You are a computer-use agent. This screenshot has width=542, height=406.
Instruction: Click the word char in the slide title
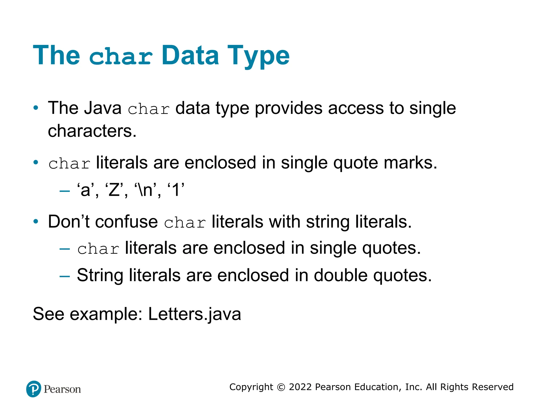tap(121, 57)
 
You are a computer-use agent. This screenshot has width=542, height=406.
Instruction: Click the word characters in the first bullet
tap(92, 131)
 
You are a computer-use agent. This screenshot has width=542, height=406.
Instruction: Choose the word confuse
tap(127, 222)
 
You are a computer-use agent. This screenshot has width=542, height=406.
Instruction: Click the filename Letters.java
tap(195, 314)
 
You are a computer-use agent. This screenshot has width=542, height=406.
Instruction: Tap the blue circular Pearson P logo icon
tap(34, 389)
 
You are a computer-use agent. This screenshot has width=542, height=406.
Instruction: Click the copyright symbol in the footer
tap(281, 387)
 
